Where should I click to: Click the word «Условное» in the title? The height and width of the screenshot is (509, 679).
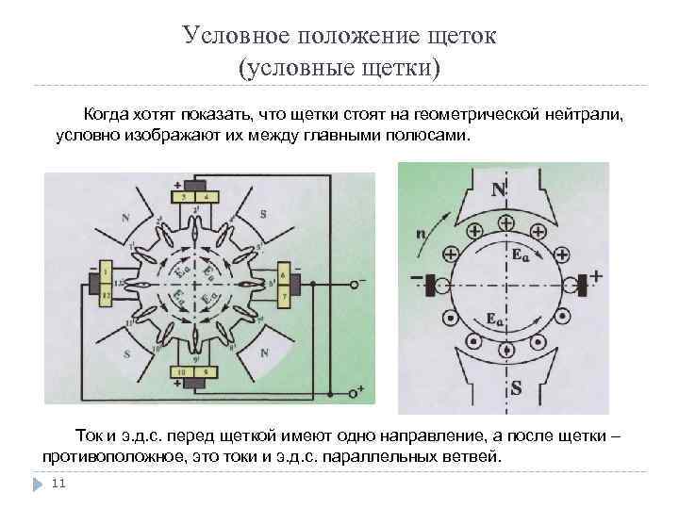click(235, 35)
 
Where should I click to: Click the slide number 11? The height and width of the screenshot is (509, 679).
click(58, 484)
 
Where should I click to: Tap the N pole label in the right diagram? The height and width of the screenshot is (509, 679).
click(497, 189)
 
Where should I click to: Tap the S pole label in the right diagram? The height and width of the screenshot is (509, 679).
click(516, 387)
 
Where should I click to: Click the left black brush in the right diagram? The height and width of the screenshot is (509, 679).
click(432, 283)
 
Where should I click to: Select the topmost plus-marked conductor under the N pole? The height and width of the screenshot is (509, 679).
click(506, 224)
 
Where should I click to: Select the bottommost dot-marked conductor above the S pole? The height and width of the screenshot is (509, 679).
click(508, 350)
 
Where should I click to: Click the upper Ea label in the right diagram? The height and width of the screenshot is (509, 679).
click(519, 254)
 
